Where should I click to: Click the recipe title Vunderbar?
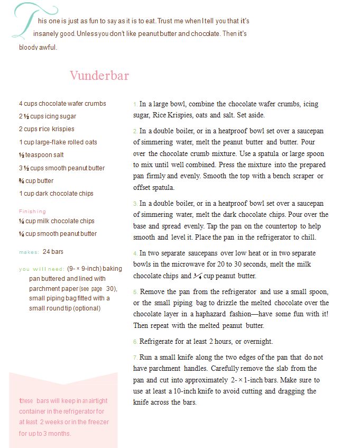click(x=99, y=76)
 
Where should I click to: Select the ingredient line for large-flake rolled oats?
click(x=58, y=142)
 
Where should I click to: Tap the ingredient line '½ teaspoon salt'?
click(x=41, y=155)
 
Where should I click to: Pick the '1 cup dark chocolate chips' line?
click(x=56, y=194)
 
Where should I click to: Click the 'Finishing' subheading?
click(x=32, y=212)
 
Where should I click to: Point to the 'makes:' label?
click(x=29, y=252)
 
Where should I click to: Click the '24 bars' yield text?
click(x=53, y=252)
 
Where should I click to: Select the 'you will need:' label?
click(x=41, y=269)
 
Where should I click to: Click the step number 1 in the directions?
click(x=135, y=105)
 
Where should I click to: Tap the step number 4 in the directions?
click(x=135, y=254)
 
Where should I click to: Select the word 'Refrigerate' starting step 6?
click(x=158, y=342)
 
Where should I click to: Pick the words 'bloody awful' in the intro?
click(x=38, y=47)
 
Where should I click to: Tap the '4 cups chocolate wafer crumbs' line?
click(x=62, y=104)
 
